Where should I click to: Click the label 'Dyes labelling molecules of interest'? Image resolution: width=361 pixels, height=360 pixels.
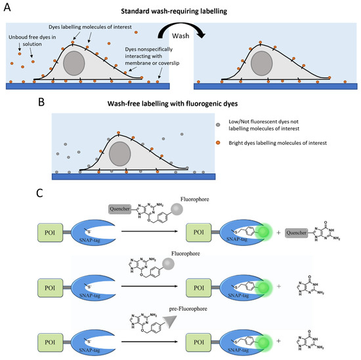(93, 26)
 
